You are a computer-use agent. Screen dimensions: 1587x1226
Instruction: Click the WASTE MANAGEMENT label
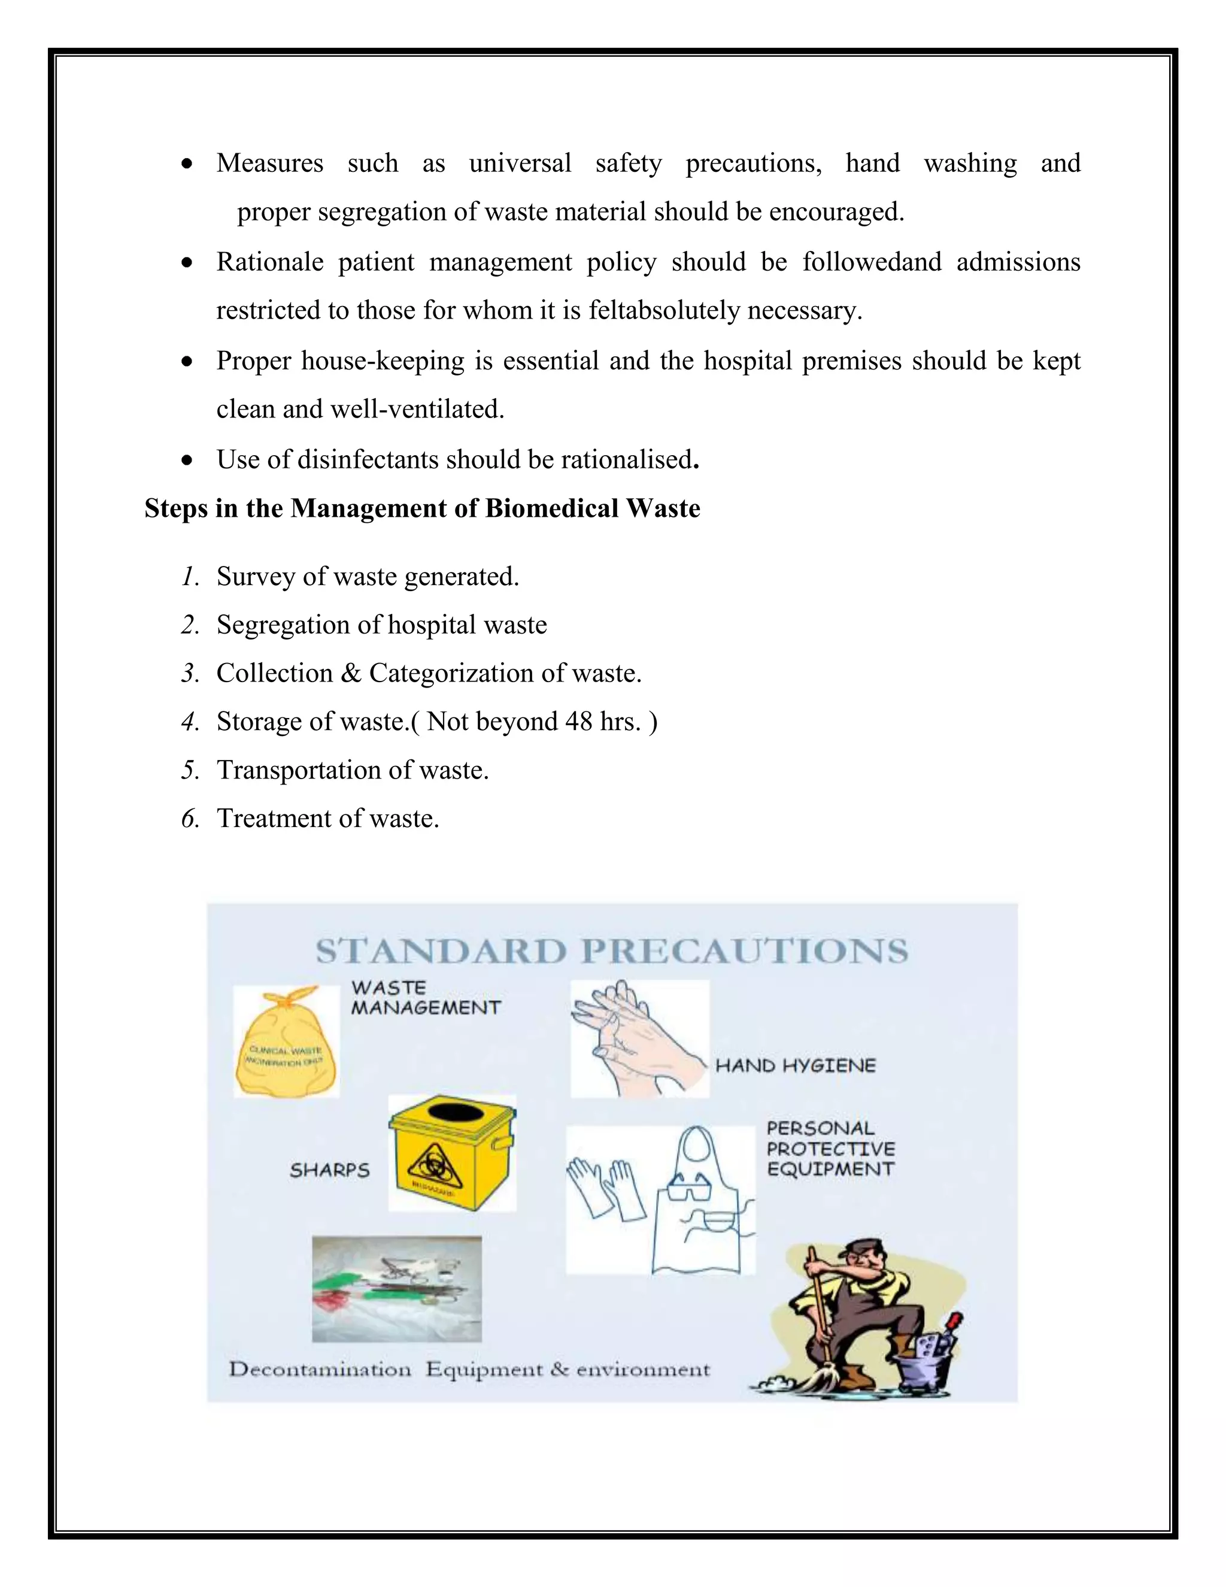coord(425,998)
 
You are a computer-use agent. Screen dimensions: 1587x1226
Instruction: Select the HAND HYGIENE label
coord(796,1066)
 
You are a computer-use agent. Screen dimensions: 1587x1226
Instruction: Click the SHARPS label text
coord(330,1171)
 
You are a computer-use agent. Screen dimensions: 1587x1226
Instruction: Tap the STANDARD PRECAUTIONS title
coord(612,951)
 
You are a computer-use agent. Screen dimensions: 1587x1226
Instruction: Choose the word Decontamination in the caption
coord(320,1370)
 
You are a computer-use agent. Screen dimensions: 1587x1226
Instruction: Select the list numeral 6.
coord(190,819)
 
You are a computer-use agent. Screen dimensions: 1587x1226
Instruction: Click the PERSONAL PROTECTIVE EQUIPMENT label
coord(830,1149)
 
